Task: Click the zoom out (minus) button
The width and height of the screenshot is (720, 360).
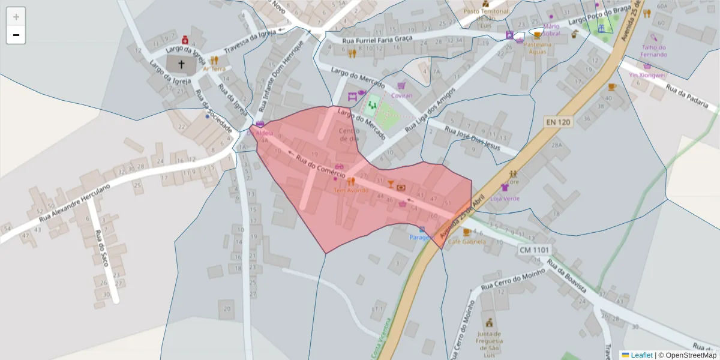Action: (x=16, y=35)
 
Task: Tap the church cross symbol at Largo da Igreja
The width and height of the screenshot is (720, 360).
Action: (x=181, y=63)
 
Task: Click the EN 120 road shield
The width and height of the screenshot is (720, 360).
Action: (x=558, y=122)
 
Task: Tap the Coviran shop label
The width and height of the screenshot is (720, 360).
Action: (x=401, y=95)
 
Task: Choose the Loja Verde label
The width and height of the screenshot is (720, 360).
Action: (x=505, y=199)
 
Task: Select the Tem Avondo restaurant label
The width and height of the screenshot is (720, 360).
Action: (x=351, y=190)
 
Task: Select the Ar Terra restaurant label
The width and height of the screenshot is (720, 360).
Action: (x=214, y=69)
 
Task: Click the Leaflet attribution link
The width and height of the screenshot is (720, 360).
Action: (x=641, y=355)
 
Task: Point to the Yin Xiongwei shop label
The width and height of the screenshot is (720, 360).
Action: (x=647, y=75)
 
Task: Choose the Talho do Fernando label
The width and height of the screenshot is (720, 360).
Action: (x=654, y=51)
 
